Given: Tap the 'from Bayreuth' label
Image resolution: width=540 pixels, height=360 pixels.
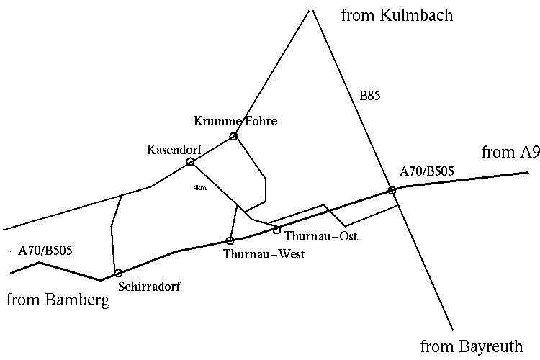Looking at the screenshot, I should [x=471, y=346].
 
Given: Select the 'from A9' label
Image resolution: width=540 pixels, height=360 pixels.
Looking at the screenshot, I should [x=510, y=152].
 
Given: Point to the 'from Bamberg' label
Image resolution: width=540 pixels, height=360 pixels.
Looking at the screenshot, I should [x=58, y=300].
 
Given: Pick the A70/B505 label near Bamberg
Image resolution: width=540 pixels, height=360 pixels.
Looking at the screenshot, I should [x=46, y=251].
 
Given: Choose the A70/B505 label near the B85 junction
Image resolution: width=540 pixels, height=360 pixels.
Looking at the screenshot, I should [x=427, y=171].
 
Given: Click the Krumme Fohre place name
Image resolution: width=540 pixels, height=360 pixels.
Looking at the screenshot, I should [x=235, y=121].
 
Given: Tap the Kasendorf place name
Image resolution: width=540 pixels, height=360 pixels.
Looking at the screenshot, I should [x=174, y=150].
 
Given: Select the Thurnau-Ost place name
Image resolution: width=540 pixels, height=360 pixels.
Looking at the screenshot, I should [x=321, y=235].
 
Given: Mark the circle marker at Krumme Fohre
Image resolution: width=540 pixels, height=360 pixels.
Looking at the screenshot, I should [x=233, y=136].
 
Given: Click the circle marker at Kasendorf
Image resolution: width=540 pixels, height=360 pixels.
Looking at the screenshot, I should [x=191, y=161].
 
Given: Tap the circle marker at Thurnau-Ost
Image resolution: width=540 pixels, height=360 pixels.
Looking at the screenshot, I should [x=276, y=230].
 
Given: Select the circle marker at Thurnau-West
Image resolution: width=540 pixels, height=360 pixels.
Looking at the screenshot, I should [x=230, y=240].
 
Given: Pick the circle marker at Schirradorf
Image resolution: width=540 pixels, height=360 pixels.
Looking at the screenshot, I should [x=118, y=273].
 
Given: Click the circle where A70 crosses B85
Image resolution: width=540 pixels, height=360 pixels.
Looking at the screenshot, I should [x=392, y=190].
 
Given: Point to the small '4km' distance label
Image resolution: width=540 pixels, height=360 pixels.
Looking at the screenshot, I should [x=200, y=188].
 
